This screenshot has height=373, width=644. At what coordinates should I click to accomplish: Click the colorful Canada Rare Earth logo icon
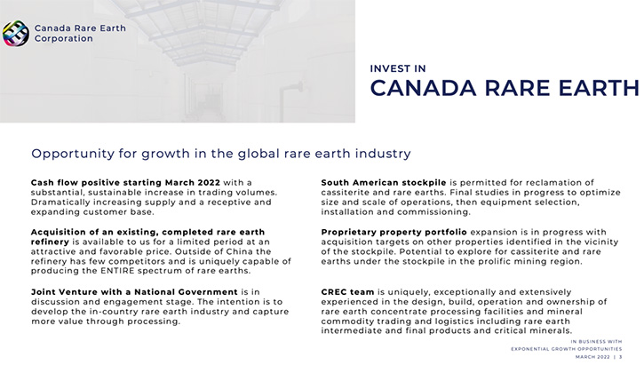16,34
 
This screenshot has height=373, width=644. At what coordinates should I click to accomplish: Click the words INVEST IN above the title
398,68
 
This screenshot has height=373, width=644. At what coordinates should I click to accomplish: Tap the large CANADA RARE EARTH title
505,88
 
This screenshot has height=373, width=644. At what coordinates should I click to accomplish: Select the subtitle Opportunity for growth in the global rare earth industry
221,154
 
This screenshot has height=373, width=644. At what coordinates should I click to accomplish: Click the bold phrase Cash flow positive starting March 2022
125,182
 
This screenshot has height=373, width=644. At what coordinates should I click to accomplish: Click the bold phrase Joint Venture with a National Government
134,292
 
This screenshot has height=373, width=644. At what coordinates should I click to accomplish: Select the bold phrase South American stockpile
384,182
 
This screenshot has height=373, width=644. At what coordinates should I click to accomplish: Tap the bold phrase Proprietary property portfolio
394,232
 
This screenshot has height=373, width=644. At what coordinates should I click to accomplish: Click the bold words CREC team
347,292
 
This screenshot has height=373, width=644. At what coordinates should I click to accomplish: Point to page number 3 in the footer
620,357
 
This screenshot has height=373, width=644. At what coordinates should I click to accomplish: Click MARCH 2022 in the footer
592,357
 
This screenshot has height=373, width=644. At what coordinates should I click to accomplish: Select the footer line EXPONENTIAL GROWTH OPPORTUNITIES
567,349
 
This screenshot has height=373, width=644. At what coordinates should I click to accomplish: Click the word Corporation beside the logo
64,38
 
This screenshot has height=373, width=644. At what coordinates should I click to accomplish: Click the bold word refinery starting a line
50,242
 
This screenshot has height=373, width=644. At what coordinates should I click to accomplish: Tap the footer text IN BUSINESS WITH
596,341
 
